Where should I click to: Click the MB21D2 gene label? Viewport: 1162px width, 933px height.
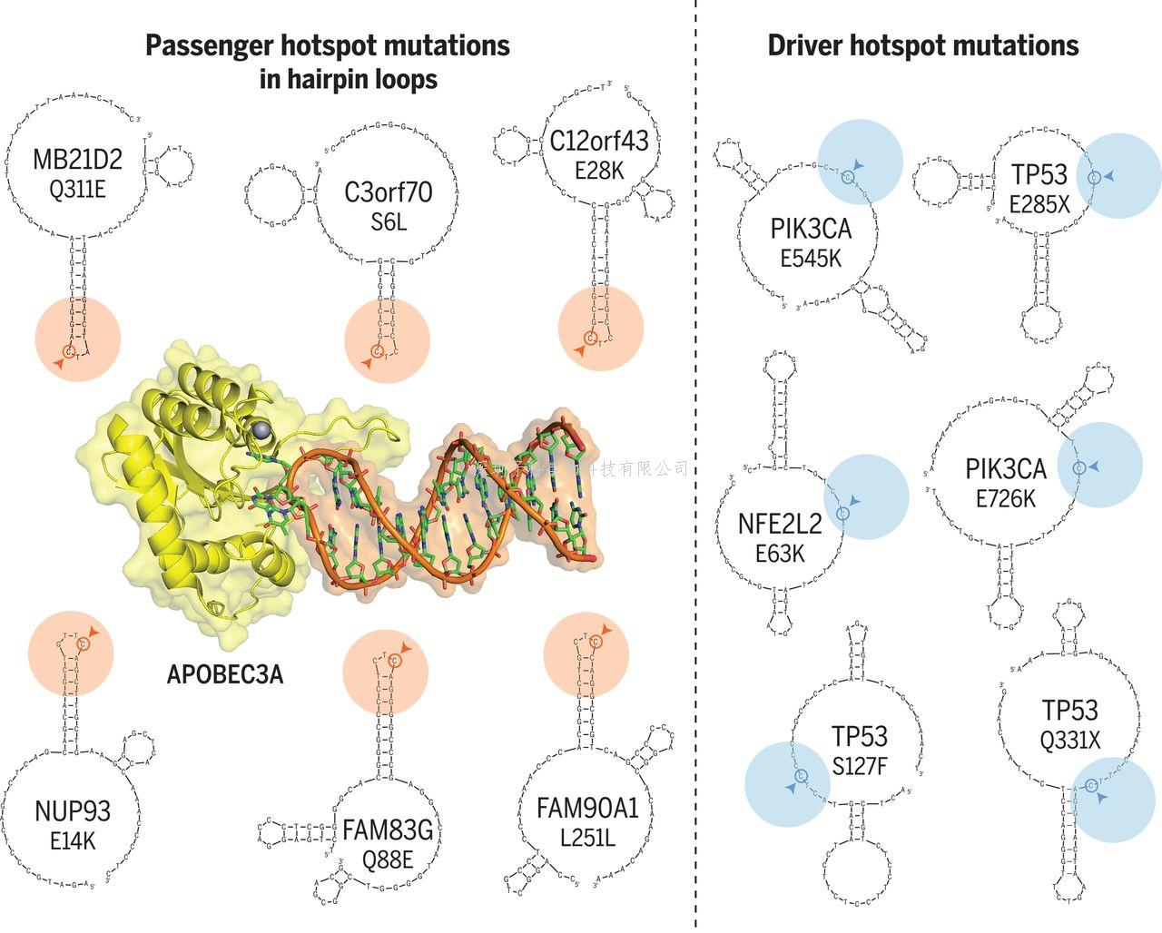77,160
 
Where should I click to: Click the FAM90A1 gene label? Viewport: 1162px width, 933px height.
588,808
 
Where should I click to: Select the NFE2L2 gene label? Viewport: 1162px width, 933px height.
780,524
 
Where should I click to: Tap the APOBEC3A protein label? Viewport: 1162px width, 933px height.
225,674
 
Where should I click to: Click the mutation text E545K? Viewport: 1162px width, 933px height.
811,258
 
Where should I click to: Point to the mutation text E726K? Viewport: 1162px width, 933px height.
1006,498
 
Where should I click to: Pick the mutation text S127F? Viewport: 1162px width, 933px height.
859,766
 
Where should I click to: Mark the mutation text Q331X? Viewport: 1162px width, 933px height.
1070,741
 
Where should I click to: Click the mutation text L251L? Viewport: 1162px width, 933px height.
587,838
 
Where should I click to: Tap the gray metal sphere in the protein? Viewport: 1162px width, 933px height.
263,429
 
